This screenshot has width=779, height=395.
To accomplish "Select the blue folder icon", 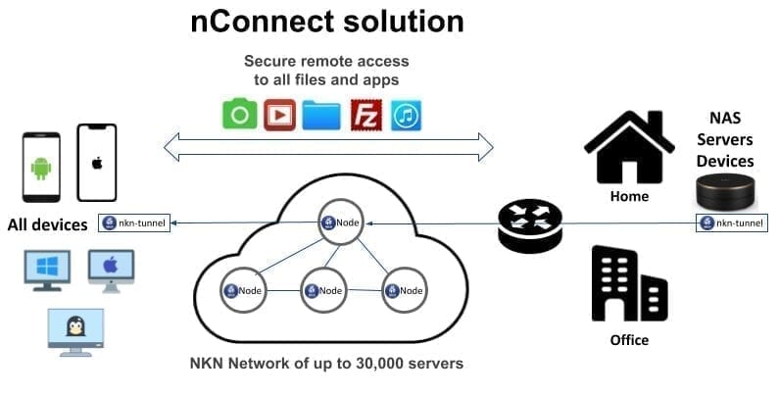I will [x=321, y=115].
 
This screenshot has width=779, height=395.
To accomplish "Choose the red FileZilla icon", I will [x=365, y=115].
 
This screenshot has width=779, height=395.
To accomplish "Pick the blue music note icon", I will [x=406, y=115].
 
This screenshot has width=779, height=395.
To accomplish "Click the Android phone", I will [x=40, y=167].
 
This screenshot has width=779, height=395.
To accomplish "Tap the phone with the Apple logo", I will [x=97, y=163].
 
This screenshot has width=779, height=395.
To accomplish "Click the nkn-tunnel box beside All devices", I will [x=134, y=223].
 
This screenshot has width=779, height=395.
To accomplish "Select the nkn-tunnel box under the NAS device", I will [x=731, y=223].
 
